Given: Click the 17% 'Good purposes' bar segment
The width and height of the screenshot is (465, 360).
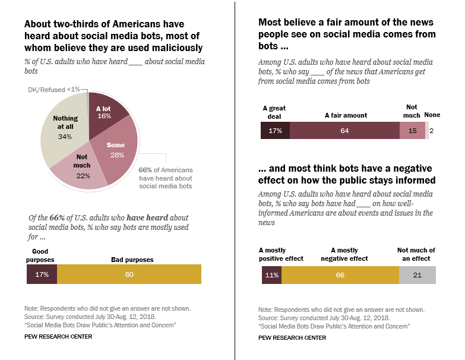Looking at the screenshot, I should (x=42, y=274).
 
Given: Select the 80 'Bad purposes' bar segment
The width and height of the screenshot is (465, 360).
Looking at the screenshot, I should (x=129, y=274).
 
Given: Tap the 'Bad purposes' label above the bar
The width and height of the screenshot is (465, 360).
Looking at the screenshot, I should (x=132, y=260).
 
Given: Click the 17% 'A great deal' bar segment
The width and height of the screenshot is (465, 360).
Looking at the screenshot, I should (x=275, y=131).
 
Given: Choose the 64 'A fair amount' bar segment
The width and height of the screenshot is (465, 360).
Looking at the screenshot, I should (x=344, y=131).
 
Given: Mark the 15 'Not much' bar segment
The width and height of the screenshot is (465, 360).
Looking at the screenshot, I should (x=412, y=131).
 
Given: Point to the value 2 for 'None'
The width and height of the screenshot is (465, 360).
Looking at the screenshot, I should (x=432, y=131).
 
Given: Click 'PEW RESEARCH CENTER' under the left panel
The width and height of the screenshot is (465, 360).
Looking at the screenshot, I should (x=58, y=337).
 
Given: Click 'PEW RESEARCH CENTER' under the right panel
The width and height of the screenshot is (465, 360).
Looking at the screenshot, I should (x=292, y=337).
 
